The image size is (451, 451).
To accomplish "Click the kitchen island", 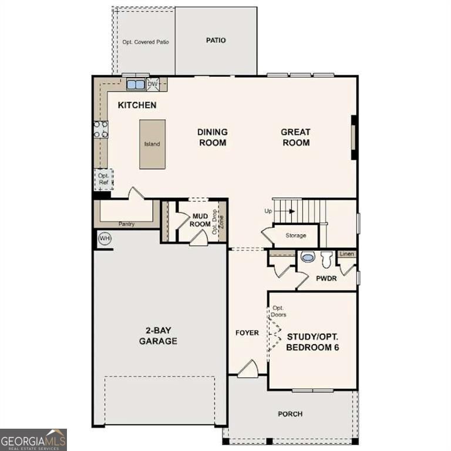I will coord(152,144).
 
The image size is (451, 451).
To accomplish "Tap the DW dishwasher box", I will coord(153,85).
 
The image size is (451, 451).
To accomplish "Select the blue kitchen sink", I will coord(136,85).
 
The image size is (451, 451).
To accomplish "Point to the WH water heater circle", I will coord(105,238).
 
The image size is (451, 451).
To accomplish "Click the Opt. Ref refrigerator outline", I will coord(103,179).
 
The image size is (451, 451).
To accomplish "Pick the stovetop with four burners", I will coord(101,129).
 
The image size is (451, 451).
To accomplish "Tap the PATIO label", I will coord(216,41).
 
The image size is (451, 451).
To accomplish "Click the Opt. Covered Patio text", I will coord(144,42).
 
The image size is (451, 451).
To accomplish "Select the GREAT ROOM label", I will coord(295,137).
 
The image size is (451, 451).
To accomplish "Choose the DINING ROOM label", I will coord(212,137).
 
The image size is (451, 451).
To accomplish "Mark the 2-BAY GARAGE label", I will coord(158,336).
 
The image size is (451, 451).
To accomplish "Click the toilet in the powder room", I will coord(327,258).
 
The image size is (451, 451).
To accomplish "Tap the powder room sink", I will coord(308,257).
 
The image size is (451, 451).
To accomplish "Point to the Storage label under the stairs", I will coord(296,235).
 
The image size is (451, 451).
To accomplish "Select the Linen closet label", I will coord(348,254).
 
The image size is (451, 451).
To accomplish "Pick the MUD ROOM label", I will coord(201,220).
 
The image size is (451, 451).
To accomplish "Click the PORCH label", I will coord(290,414).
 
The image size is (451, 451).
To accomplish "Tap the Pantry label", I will coord(126,224).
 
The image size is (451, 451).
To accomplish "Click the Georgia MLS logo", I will coord(33,440).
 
